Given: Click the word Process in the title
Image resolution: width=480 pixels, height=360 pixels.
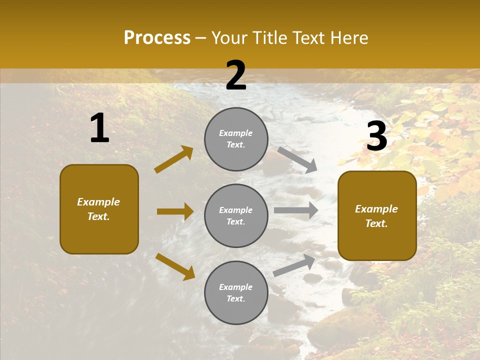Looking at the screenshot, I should (157, 38).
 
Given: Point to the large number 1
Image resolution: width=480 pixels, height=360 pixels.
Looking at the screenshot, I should (99, 128).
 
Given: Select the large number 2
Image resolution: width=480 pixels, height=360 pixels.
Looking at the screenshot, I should (236, 75).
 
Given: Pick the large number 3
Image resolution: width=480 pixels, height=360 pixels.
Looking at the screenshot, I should (376, 136).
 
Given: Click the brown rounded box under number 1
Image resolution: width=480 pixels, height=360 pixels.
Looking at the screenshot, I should (99, 209).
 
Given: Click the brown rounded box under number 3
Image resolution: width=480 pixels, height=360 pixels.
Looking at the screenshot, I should (377, 216).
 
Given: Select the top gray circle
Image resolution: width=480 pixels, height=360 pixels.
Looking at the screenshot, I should (236, 139).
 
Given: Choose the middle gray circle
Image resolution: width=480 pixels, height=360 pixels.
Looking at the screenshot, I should (236, 215).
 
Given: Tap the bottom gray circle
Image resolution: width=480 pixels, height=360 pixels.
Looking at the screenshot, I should (236, 292).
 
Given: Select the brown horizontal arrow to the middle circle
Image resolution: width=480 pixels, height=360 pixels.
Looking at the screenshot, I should (175, 211).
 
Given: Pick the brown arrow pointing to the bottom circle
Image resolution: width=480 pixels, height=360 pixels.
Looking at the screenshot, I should (175, 266).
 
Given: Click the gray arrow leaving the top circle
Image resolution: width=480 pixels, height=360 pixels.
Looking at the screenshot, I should (297, 159).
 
